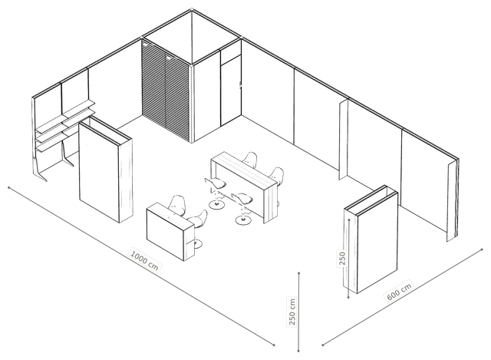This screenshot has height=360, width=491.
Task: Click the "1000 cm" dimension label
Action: point(144,260)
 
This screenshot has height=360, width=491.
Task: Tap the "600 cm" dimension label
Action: point(399,292)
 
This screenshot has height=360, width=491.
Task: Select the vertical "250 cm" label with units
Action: point(292,312)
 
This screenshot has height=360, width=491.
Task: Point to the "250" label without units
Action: point(342,258)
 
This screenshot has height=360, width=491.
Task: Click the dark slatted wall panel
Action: point(166,91)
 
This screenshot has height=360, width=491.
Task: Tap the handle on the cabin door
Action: point(240,85)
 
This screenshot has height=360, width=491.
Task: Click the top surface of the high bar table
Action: point(244,169)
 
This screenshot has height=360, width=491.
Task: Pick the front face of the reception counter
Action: point(166,233)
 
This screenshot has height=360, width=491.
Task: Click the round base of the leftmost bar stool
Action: point(216,204)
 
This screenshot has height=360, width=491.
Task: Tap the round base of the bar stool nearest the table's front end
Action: point(243,220)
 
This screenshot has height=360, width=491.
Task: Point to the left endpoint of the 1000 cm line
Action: point(9,188)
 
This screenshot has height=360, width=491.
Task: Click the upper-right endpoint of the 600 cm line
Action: point(482,249)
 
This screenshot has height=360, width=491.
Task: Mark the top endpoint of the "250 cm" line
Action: point(298,273)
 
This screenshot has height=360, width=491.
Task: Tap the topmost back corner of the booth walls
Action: point(192,10)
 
